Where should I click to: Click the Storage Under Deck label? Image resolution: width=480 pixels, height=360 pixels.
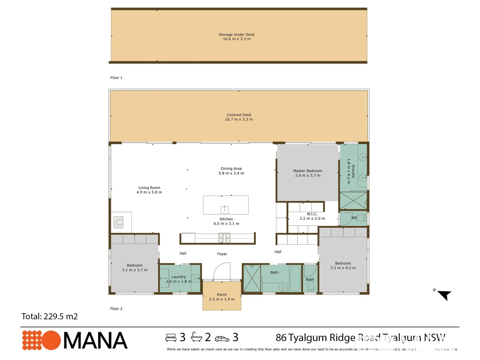(x=237, y=35)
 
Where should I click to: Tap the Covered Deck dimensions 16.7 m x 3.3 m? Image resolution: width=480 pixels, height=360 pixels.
(x=239, y=119)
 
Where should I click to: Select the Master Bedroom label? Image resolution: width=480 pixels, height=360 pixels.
(x=308, y=171)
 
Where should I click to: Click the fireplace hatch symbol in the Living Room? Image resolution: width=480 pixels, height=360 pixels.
(x=118, y=222)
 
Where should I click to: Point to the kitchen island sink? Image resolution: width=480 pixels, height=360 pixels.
(x=225, y=209)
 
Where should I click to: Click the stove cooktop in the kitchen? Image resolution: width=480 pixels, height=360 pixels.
(x=224, y=238)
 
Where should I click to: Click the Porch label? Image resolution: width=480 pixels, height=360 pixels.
(x=222, y=295)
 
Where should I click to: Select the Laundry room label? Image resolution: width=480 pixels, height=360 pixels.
(x=179, y=277)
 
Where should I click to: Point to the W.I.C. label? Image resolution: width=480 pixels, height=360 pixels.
(x=312, y=214)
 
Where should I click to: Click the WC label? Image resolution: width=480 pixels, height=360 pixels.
(x=354, y=218)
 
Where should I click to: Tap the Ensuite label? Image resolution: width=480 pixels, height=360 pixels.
(x=353, y=171)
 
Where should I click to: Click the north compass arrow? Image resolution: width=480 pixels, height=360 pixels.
(x=444, y=295)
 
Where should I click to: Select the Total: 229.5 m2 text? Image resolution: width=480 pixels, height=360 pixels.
(x=50, y=317)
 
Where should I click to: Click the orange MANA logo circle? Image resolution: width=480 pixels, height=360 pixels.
(x=51, y=340)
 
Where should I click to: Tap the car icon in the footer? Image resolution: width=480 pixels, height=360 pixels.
(x=222, y=339)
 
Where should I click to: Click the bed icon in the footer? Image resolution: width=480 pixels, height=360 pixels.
(x=171, y=338)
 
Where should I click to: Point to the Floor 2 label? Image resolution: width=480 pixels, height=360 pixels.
(x=116, y=309)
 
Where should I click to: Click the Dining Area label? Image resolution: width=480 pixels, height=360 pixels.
(x=231, y=169)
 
